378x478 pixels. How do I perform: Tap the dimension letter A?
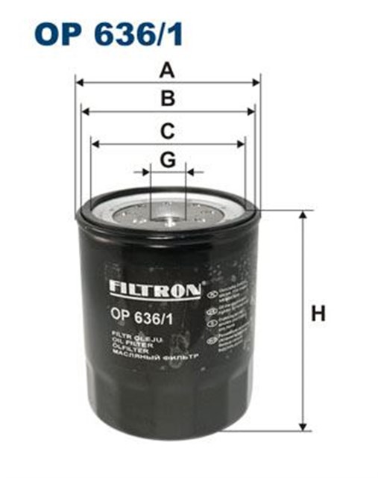(168, 71)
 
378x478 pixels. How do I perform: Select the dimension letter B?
(168, 99)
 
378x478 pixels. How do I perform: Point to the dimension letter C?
(168, 131)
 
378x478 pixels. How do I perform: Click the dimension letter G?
(168, 159)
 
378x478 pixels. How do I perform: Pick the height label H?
(318, 314)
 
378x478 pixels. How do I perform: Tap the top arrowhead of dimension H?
(303, 215)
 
